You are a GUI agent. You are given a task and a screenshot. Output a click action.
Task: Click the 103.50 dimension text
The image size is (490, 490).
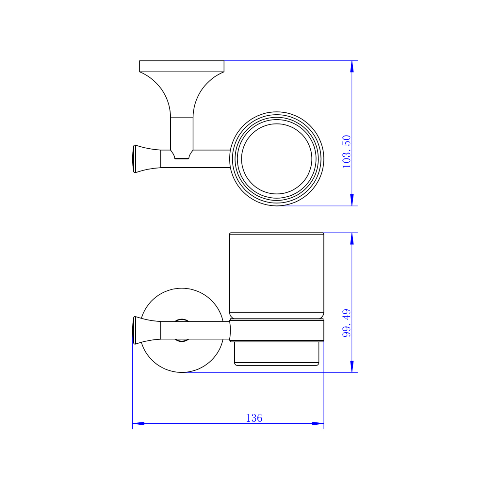pos(346,152)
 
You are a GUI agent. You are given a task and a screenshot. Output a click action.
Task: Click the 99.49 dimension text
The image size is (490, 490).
pos(346,323)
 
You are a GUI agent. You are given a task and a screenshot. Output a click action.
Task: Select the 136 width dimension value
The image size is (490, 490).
pos(254,418)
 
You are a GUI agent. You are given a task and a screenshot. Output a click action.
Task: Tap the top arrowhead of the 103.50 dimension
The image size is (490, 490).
pos(352,66)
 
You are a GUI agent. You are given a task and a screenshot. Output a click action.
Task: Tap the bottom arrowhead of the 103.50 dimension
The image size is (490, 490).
pos(352,200)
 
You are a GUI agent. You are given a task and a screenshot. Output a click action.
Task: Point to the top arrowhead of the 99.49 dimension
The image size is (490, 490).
pos(352,239)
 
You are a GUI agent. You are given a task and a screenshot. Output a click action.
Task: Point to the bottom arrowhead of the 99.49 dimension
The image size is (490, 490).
pos(352,366)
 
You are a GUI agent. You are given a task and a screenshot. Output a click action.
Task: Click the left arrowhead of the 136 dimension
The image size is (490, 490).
pos(139,423)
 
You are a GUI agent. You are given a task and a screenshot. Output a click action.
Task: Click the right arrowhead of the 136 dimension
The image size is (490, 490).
pos(318,423)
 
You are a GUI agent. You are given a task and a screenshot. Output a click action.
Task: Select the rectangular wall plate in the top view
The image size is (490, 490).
pos(182,66)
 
